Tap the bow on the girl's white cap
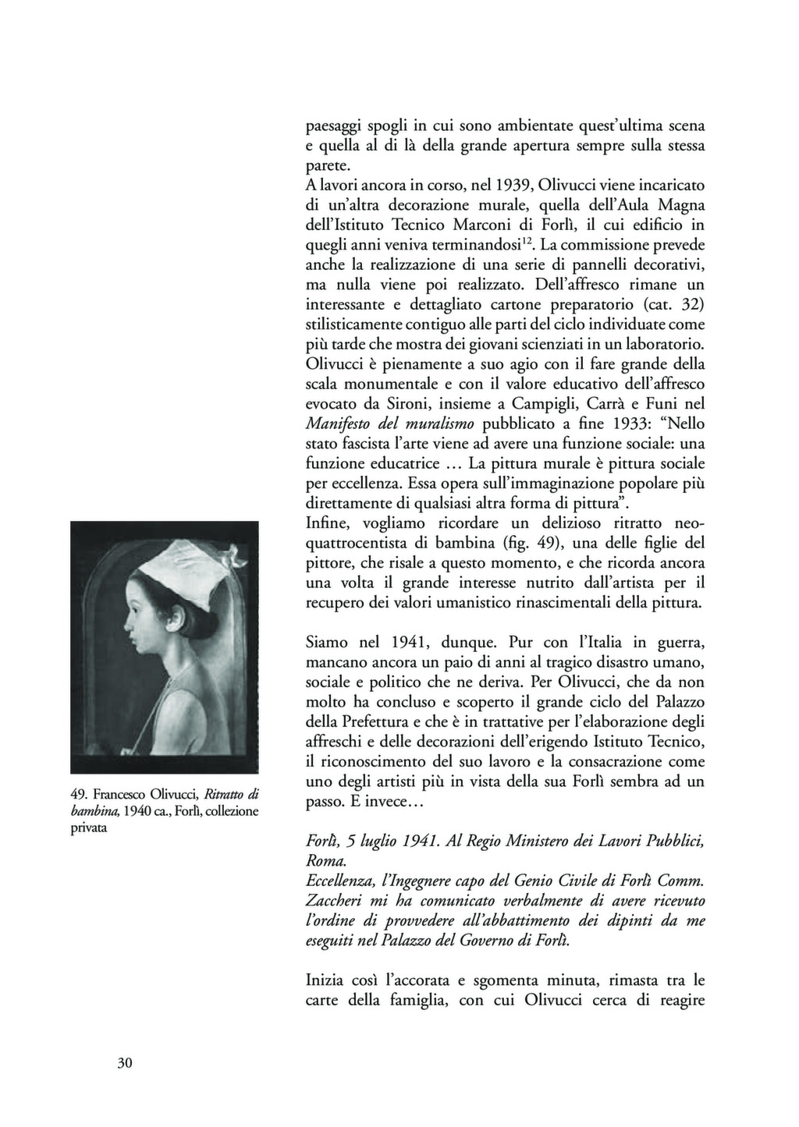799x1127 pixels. coord(230,555)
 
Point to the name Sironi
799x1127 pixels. coord(393,404)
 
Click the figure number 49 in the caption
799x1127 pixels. coord(78,795)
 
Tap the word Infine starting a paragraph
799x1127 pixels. coord(327,523)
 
